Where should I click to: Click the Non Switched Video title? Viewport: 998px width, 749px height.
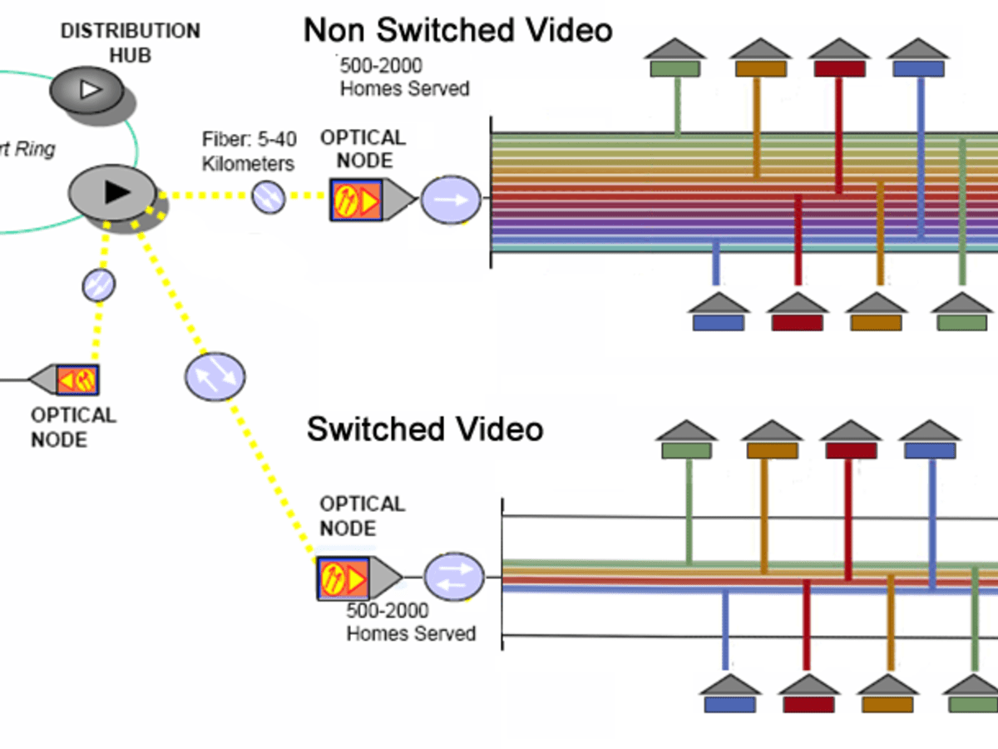point(457,31)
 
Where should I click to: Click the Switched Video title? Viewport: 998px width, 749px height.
point(424,429)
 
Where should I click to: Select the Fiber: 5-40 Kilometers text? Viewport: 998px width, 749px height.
point(248,151)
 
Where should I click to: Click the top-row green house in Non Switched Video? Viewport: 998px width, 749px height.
point(675,59)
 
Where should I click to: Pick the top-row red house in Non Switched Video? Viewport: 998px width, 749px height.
point(839,59)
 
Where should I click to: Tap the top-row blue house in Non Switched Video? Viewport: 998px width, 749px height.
point(918,59)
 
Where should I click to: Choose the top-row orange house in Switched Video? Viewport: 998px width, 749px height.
point(771,441)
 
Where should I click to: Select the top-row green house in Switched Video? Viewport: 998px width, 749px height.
point(686,441)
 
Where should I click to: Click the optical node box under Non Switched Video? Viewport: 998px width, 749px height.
point(357,199)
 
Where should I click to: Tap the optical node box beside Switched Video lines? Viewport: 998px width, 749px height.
point(343,578)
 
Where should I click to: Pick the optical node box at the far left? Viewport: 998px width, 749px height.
point(77,379)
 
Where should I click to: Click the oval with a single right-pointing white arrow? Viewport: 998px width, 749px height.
point(451,201)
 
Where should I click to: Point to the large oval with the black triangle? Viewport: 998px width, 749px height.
point(112,192)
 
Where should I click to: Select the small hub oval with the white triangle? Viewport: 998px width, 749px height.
point(85,88)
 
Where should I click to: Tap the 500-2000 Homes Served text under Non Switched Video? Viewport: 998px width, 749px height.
point(404,77)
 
